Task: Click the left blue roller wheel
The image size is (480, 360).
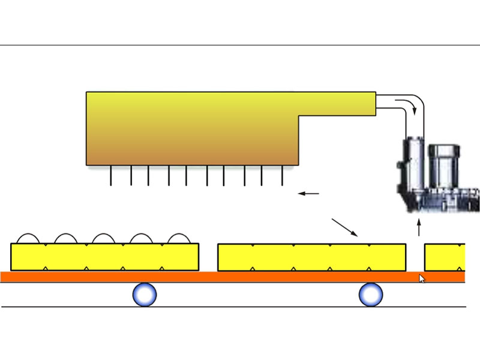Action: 144,295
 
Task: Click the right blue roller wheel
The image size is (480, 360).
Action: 370,294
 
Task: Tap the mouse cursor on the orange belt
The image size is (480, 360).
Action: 422,278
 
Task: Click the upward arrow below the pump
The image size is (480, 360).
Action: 419,228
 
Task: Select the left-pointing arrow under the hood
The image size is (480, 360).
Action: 309,193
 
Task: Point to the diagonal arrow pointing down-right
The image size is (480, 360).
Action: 345,227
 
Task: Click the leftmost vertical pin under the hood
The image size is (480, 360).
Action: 111,175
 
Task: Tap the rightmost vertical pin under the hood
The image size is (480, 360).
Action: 283,175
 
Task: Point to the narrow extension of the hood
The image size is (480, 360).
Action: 336,103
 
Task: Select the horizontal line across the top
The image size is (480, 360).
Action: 240,45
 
